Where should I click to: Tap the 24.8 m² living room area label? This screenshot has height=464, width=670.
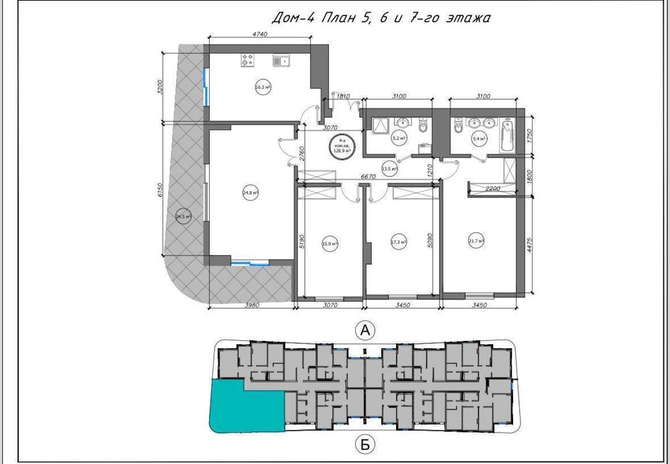tap(251, 193)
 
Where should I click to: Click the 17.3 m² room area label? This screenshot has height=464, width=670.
tap(399, 242)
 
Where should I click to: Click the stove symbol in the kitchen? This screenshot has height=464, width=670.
tap(248, 61)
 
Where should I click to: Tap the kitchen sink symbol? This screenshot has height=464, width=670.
tap(281, 61)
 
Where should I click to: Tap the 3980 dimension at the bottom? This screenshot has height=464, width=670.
tap(253, 305)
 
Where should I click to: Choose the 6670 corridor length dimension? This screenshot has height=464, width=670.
tap(366, 176)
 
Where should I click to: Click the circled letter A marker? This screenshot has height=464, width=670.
tap(364, 329)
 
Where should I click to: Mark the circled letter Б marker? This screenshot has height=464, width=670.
tap(364, 443)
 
